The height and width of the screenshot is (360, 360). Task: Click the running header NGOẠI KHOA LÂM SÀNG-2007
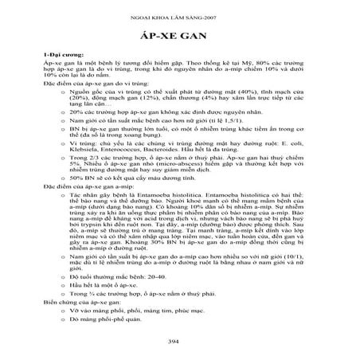(180, 16)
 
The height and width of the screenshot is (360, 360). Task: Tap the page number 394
(180, 342)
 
